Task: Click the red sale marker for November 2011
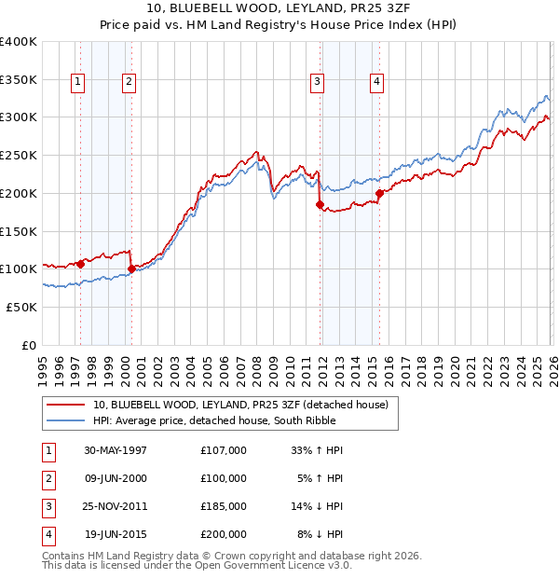[x=320, y=204]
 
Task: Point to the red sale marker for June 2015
[x=379, y=194]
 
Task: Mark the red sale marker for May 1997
[x=80, y=264]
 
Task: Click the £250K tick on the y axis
[x=19, y=156]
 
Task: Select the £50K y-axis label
[x=21, y=307]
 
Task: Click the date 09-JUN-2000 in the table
[x=116, y=478]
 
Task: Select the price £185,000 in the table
[x=224, y=506]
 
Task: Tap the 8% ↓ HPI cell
[x=320, y=534]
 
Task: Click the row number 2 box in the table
[x=48, y=478]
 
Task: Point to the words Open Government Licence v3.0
[x=273, y=565]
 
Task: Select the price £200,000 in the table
[x=224, y=534]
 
